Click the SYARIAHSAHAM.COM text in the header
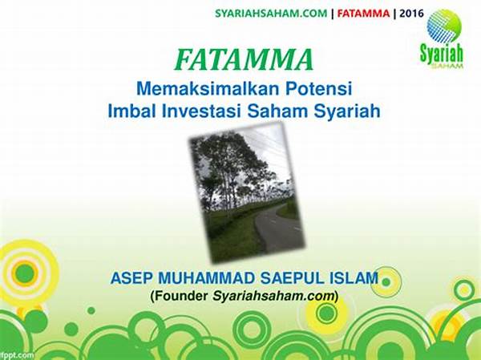[x=271, y=14]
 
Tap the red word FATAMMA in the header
[x=363, y=14]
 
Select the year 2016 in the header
[x=411, y=14]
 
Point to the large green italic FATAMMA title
[x=245, y=60]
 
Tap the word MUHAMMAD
[x=206, y=278]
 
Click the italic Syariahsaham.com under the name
[x=273, y=297]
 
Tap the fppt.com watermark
[x=17, y=355]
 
